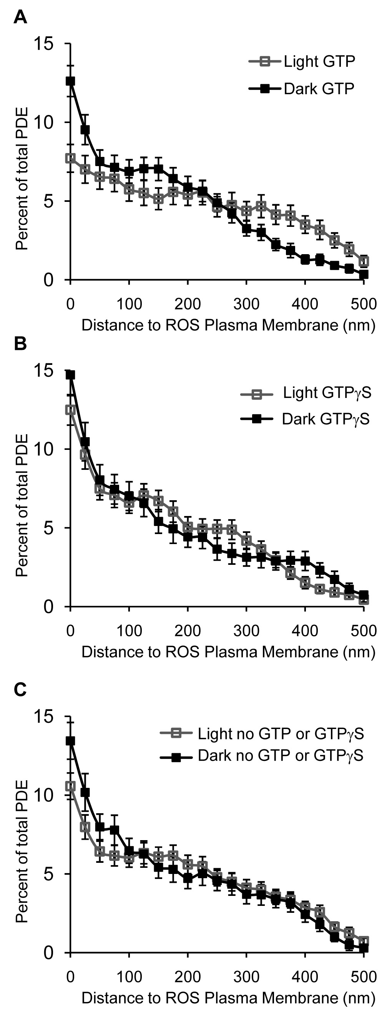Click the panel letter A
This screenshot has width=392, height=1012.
pos(20,18)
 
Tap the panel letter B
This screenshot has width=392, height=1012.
pos(20,344)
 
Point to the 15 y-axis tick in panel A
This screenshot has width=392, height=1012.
pos(43,43)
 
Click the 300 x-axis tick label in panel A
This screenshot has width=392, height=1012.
pos(246,304)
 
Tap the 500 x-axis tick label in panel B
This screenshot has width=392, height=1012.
pos(364,631)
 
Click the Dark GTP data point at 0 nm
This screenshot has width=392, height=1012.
pos(70,81)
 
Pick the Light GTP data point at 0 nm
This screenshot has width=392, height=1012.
pos(70,158)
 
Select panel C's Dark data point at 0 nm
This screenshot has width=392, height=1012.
pos(70,741)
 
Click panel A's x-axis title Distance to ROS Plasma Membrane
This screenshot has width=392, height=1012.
pos(228,325)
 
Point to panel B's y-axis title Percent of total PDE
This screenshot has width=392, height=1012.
pos(22,505)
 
